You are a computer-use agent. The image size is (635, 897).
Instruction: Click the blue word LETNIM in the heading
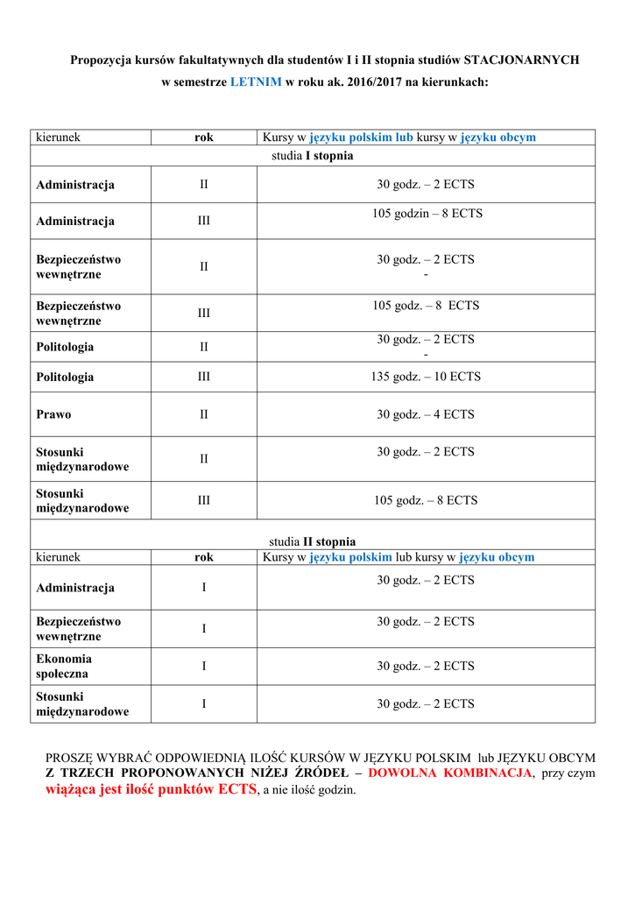coord(256,81)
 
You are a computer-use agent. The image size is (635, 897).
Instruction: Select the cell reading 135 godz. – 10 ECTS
coord(426,377)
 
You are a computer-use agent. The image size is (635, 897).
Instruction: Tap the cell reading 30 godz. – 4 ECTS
coord(426,414)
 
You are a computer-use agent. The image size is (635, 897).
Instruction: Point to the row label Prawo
coord(53,414)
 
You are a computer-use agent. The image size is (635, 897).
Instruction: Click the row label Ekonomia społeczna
coord(64,666)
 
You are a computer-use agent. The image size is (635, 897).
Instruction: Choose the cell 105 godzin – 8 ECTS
coord(427,214)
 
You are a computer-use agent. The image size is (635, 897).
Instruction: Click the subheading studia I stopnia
coord(313,155)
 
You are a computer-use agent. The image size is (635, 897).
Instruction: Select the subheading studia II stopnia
coord(313,541)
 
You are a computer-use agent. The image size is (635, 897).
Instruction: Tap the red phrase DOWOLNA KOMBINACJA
coord(450,773)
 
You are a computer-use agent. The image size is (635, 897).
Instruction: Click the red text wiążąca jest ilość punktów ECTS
coord(151,789)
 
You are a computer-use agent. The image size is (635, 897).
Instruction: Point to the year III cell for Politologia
coord(203,377)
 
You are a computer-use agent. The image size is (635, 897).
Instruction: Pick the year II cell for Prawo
coord(203,414)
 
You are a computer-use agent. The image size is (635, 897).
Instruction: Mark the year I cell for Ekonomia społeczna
coord(203,666)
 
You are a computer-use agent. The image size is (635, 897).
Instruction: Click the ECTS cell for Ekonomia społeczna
coord(426,666)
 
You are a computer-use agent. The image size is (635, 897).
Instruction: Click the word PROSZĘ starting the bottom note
coord(74,757)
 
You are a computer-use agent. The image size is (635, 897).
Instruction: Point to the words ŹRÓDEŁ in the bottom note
coord(320,773)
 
